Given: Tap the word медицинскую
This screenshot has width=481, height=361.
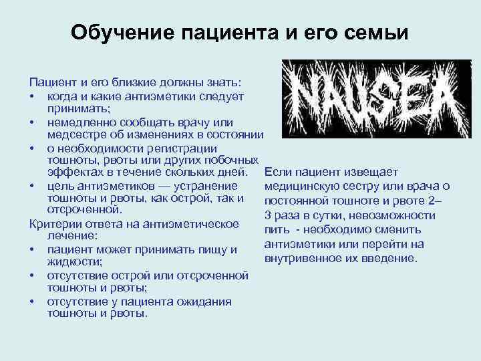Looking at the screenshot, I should (301, 186).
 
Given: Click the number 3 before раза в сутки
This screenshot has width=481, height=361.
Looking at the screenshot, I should (268, 215).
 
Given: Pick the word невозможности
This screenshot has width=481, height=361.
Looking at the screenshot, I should (397, 215).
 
